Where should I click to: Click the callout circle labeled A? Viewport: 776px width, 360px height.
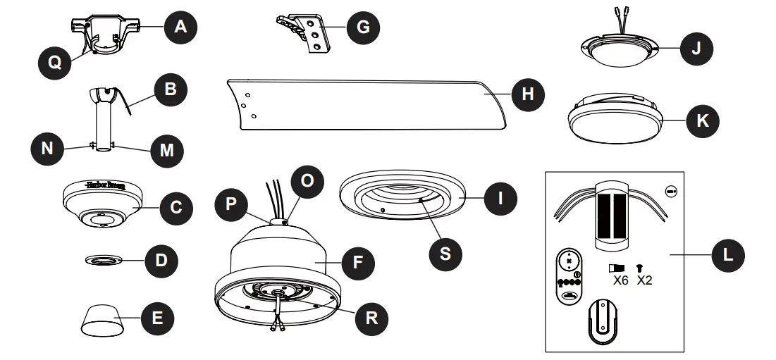pyautogui.click(x=180, y=27)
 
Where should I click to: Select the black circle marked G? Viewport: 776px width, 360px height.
pyautogui.click(x=362, y=29)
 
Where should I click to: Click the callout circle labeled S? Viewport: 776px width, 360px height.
pyautogui.click(x=446, y=252)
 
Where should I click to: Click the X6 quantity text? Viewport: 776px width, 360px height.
pyautogui.click(x=621, y=280)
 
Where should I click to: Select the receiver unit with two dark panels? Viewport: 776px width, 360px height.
pyautogui.click(x=612, y=214)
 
